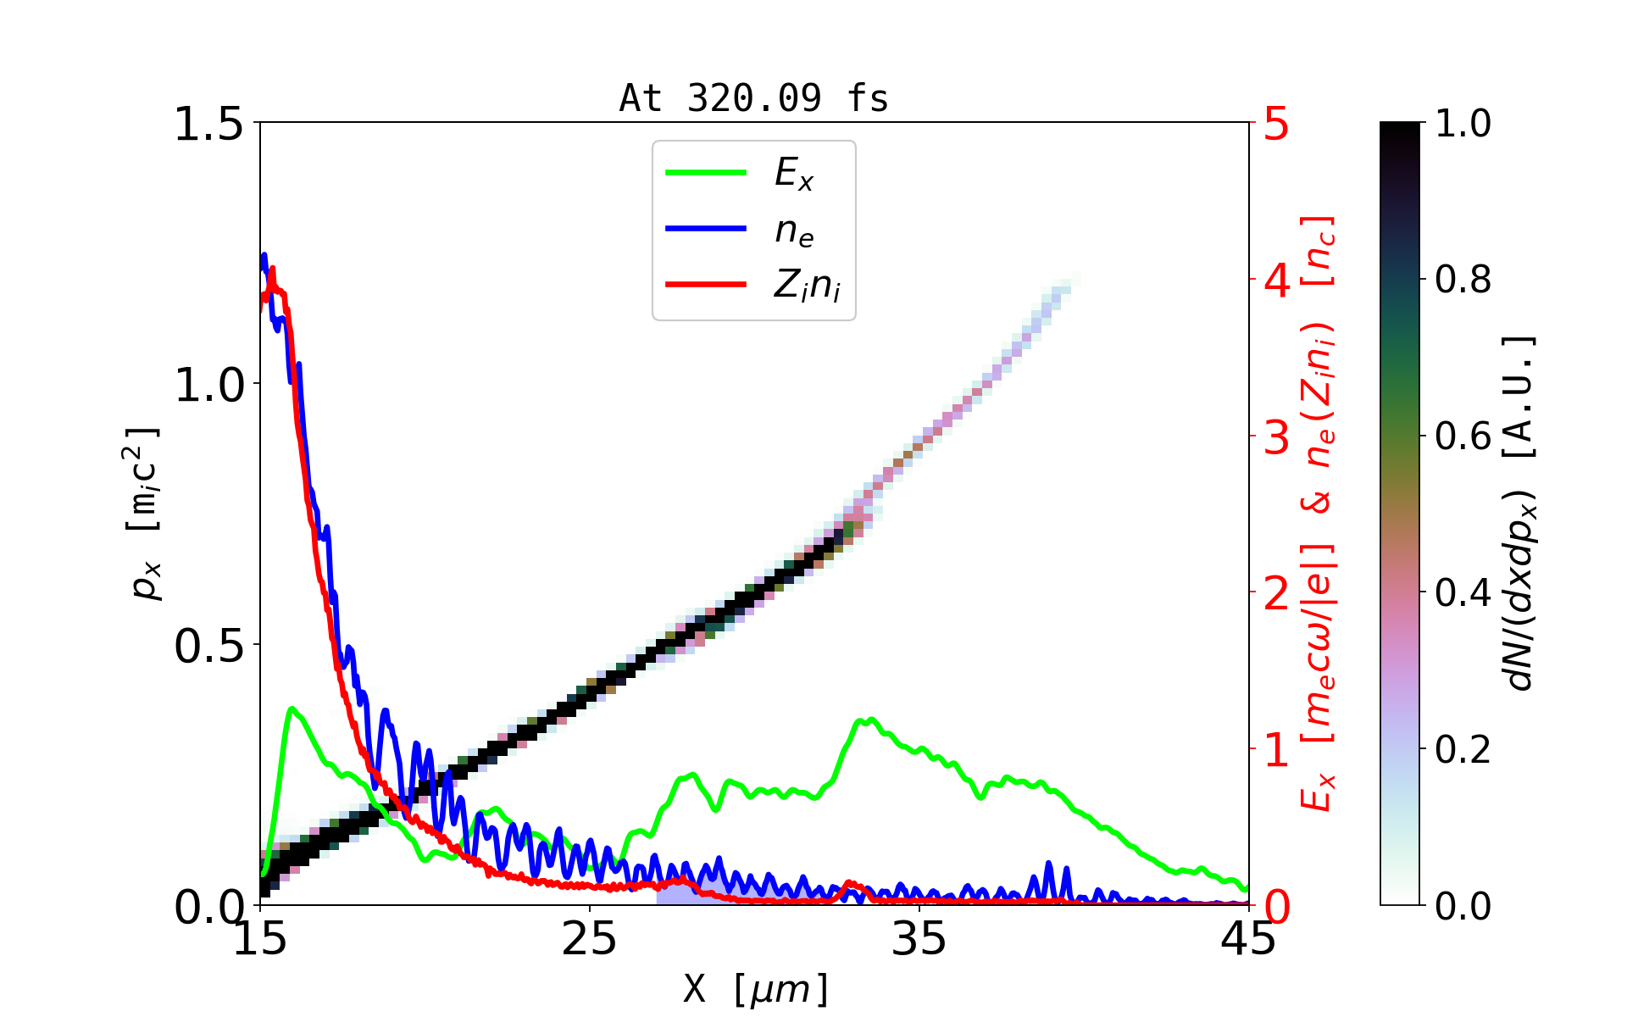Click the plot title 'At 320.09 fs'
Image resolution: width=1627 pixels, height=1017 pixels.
753,98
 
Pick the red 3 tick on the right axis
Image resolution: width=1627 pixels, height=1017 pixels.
1277,437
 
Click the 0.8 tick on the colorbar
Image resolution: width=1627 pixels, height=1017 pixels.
1463,279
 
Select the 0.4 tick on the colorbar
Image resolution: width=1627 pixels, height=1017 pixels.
1463,592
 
